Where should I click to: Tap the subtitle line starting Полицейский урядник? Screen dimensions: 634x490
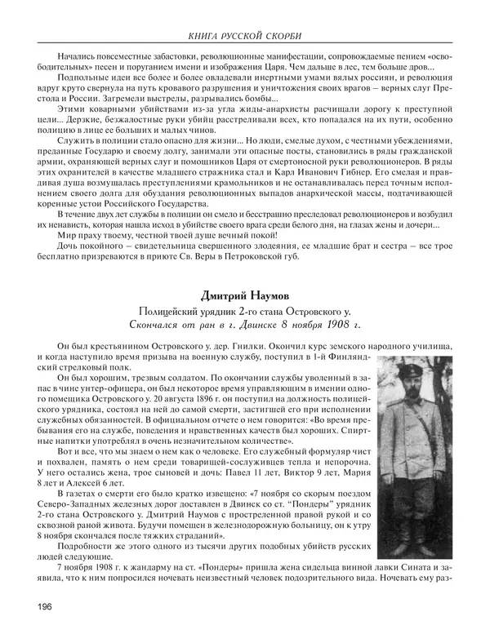(x=245, y=310)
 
